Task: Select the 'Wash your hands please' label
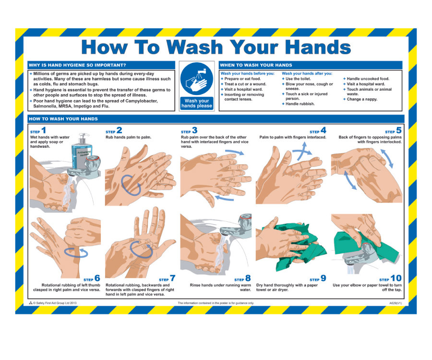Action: point(196,103)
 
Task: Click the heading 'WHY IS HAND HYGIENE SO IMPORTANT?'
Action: point(78,65)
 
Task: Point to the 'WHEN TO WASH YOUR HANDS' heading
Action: point(256,65)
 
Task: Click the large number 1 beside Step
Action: point(44,130)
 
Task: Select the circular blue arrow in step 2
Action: point(131,184)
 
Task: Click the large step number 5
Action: point(398,130)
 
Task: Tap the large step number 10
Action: point(396,278)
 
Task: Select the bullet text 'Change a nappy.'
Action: point(362,99)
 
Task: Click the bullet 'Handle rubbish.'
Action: point(300,104)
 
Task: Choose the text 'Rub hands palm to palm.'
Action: point(128,137)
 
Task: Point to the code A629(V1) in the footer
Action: point(396,303)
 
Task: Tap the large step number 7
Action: point(172,278)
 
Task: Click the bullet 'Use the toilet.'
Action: point(298,79)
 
